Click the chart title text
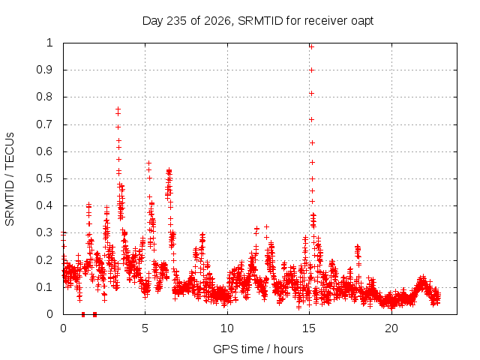pyautogui.click(x=258, y=21)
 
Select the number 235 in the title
pyautogui.click(x=176, y=21)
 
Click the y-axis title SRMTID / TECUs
pyautogui.click(x=10, y=179)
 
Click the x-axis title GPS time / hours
pyautogui.click(x=258, y=349)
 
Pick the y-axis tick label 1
pyautogui.click(x=49, y=43)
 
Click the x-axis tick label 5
pyautogui.click(x=145, y=328)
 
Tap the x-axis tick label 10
pyautogui.click(x=227, y=328)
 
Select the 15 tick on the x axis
pyautogui.click(x=309, y=328)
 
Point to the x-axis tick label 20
pyautogui.click(x=391, y=328)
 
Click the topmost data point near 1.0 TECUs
pyautogui.click(x=312, y=46)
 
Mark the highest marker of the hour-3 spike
pyautogui.click(x=118, y=109)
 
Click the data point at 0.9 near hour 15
pyautogui.click(x=312, y=70)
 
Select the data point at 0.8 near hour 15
pyautogui.click(x=312, y=93)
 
